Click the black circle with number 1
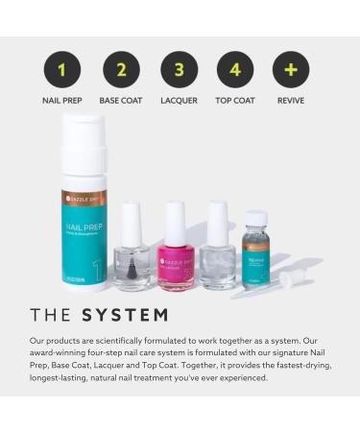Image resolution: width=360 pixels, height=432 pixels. point(62,69)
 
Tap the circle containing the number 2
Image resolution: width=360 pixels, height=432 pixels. point(121,69)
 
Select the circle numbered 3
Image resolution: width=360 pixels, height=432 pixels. point(179,69)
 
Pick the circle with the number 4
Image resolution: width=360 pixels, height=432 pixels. point(235,69)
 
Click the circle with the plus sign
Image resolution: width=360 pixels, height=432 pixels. point(291,69)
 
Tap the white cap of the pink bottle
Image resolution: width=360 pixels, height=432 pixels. point(175,223)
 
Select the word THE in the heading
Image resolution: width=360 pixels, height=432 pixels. point(52,315)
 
